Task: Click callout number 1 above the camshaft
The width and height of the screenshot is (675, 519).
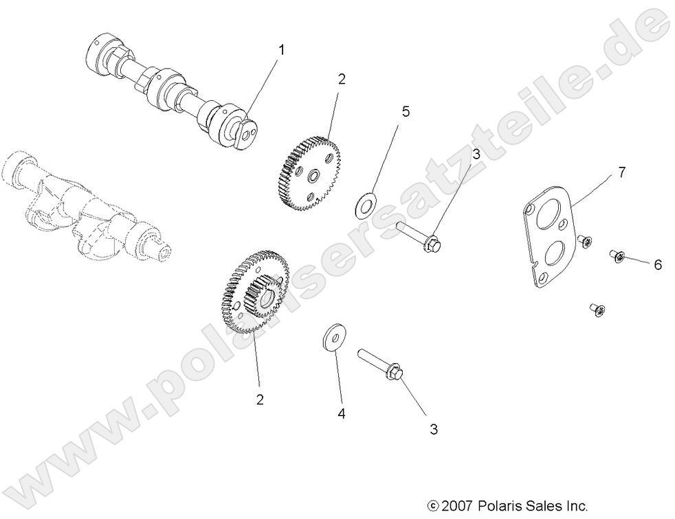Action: pyautogui.click(x=280, y=49)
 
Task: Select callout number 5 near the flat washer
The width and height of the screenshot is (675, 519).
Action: pyautogui.click(x=406, y=112)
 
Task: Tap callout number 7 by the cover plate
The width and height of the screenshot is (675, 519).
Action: pyautogui.click(x=621, y=172)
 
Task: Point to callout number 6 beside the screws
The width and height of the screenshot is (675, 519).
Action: pyautogui.click(x=657, y=265)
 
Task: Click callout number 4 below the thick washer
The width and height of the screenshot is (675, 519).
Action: pyautogui.click(x=340, y=413)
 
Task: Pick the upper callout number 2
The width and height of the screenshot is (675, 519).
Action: pyautogui.click(x=341, y=79)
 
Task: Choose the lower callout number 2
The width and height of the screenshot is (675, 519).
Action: pyautogui.click(x=259, y=400)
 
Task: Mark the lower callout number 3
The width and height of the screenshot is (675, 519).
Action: pyautogui.click(x=433, y=429)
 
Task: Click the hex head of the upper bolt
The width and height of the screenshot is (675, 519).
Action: pyautogui.click(x=434, y=242)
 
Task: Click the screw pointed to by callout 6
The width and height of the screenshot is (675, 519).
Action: pyautogui.click(x=616, y=257)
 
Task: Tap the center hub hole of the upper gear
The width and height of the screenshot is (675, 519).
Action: pyautogui.click(x=313, y=178)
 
